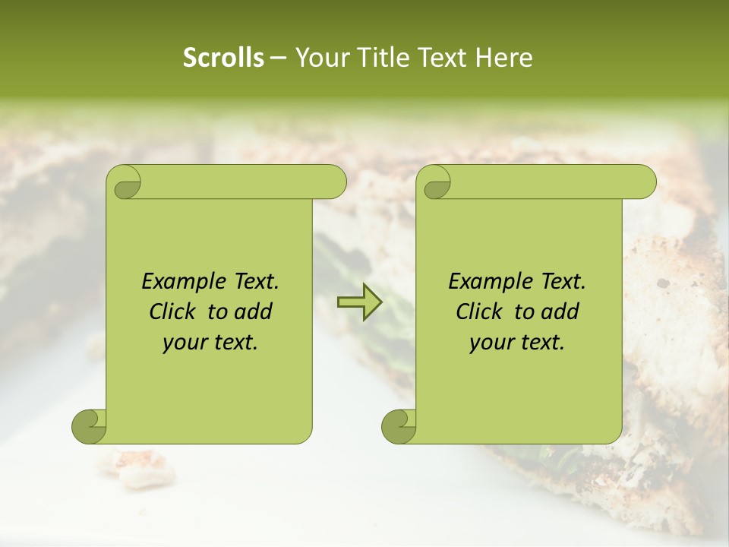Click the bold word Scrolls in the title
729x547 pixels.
[x=223, y=58]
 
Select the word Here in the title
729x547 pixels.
[x=503, y=58]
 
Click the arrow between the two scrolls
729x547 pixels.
[x=359, y=302]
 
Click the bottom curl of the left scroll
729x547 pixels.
[x=90, y=426]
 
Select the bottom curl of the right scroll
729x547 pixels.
[x=399, y=426]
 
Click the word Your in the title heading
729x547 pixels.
[x=318, y=58]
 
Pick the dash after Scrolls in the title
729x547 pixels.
[x=278, y=58]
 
